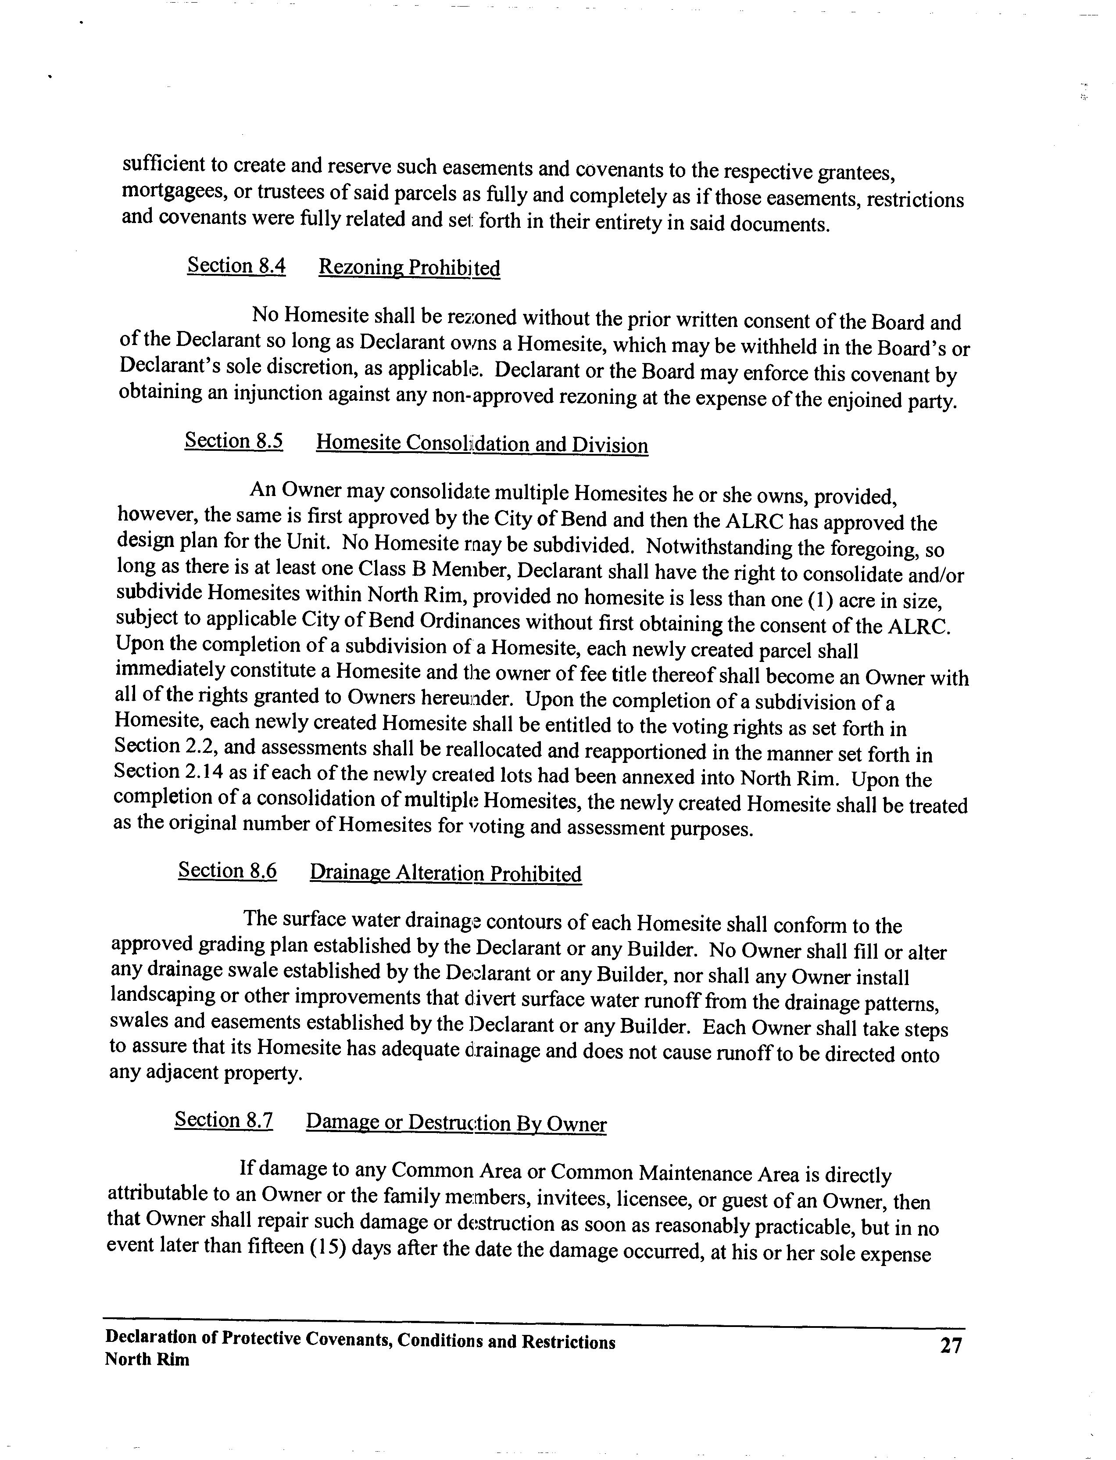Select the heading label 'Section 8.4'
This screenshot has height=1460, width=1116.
pyautogui.click(x=236, y=266)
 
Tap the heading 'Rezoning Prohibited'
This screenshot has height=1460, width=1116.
pyautogui.click(x=409, y=268)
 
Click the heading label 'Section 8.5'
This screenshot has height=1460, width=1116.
pyautogui.click(x=234, y=441)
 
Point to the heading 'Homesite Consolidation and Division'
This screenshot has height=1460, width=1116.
pyautogui.click(x=482, y=444)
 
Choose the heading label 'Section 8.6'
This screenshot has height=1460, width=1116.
pyautogui.click(x=227, y=870)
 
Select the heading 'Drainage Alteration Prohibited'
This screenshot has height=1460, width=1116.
pyautogui.click(x=445, y=873)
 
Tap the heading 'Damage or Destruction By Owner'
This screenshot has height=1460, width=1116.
pyautogui.click(x=456, y=1123)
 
